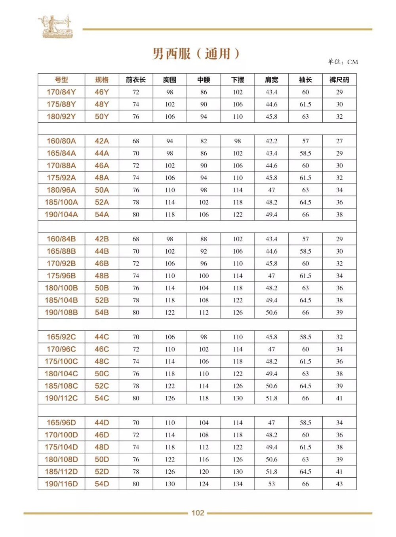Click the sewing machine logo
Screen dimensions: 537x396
coord(55,27)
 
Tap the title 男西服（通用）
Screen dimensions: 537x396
coord(196,53)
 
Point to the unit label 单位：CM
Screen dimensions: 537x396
coord(343,62)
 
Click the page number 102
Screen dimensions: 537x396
coord(198,513)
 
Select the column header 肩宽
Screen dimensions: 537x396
coord(271,80)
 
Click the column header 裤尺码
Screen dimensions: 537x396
coord(339,80)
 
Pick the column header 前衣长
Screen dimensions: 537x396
coord(136,80)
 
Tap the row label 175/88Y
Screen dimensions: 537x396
coord(61,104)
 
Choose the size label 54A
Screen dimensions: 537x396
coord(102,214)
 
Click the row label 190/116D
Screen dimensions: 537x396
coord(61,484)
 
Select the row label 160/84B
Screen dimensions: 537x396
coord(61,239)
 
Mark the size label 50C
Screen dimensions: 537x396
coord(102,374)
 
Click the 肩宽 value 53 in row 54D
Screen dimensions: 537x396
coord(271,484)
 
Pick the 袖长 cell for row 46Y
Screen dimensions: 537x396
coord(305,92)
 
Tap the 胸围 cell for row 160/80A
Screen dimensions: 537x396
coord(170,141)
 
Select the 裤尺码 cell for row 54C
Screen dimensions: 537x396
coord(339,398)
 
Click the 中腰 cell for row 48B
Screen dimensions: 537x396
coord(204,276)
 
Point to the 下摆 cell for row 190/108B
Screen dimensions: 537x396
coord(238,312)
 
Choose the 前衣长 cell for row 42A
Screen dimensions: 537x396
coord(136,141)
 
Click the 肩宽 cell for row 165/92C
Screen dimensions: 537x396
coord(271,337)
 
